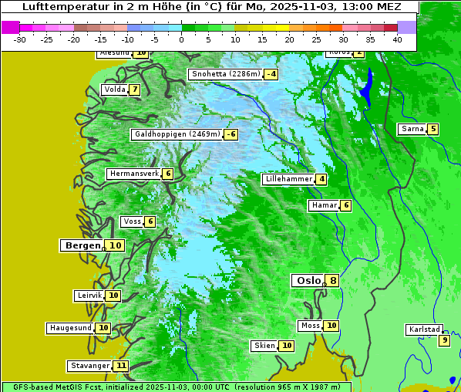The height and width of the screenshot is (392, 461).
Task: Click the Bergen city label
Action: coord(82,245)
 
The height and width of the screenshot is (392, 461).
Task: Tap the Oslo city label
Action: coord(308,280)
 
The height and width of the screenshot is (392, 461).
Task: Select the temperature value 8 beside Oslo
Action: coord(332,281)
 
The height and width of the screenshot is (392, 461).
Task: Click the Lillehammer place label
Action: coord(288,179)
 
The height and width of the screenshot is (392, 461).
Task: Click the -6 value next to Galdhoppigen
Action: coord(230,134)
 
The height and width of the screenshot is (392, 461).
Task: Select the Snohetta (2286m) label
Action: coord(225,74)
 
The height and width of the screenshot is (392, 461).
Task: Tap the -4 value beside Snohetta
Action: coord(271,75)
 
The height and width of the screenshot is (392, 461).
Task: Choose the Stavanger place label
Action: coord(89,365)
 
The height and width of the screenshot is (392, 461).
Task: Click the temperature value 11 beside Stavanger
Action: coord(120,366)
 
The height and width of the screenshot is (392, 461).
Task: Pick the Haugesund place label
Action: coord(70,328)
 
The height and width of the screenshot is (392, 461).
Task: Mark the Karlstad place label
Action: coord(425,329)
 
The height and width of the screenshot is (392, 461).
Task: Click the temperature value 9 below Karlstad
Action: coord(444,340)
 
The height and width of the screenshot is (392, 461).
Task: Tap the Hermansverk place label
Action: coord(133,174)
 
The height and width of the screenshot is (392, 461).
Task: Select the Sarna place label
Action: coord(412,129)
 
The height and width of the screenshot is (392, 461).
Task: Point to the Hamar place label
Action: coord(323,205)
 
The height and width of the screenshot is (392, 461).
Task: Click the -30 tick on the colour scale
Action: coord(20,39)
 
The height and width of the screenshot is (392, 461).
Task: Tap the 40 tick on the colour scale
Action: coord(397,39)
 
